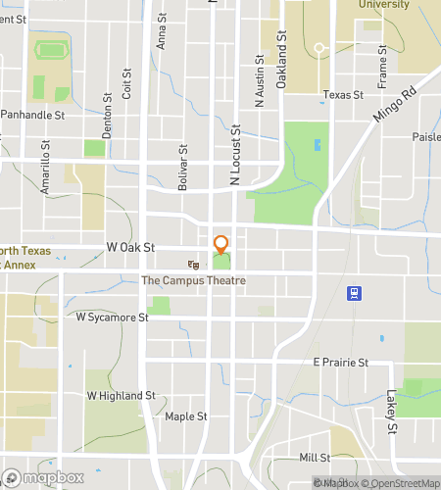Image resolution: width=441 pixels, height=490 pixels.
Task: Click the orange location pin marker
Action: click(x=221, y=244)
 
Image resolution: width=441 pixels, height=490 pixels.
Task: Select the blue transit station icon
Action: click(x=353, y=292)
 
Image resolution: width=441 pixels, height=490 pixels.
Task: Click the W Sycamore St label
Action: click(x=112, y=318)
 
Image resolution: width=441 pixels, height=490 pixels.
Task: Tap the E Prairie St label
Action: click(x=340, y=362)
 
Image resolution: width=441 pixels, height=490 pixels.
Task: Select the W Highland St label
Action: click(x=122, y=396)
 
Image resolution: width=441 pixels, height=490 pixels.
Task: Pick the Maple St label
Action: click(x=185, y=416)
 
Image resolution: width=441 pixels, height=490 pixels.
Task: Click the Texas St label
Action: click(x=343, y=96)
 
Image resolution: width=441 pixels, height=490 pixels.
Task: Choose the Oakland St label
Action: click(x=281, y=60)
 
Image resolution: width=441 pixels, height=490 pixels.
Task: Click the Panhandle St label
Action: click(x=32, y=115)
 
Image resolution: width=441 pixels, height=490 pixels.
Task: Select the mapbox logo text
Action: click(x=47, y=479)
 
